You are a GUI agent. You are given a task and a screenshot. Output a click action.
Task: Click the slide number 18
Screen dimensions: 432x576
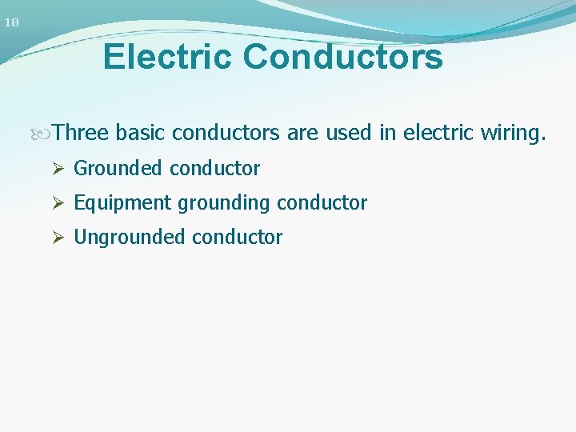[x=11, y=22]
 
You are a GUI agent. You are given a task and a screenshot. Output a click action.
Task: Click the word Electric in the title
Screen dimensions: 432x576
[x=168, y=57]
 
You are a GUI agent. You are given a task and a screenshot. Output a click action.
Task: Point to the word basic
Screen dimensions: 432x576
[x=141, y=131]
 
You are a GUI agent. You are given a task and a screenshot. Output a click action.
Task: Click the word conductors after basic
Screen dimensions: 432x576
[x=226, y=131]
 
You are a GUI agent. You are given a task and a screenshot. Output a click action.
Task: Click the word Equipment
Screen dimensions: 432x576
[x=122, y=203]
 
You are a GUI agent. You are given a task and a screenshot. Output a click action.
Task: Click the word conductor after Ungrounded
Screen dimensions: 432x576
[x=237, y=238]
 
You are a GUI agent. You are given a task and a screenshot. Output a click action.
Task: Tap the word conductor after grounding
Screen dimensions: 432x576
[x=322, y=203]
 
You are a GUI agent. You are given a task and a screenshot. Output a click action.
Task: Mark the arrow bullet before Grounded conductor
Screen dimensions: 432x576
[x=57, y=169]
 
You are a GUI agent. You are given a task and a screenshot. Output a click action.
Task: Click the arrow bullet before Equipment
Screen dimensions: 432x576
[x=57, y=203]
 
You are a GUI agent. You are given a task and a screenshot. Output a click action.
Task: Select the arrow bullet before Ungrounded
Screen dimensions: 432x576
[x=57, y=238]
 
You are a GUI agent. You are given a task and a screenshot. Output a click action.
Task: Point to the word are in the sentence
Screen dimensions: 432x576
[x=302, y=131]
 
